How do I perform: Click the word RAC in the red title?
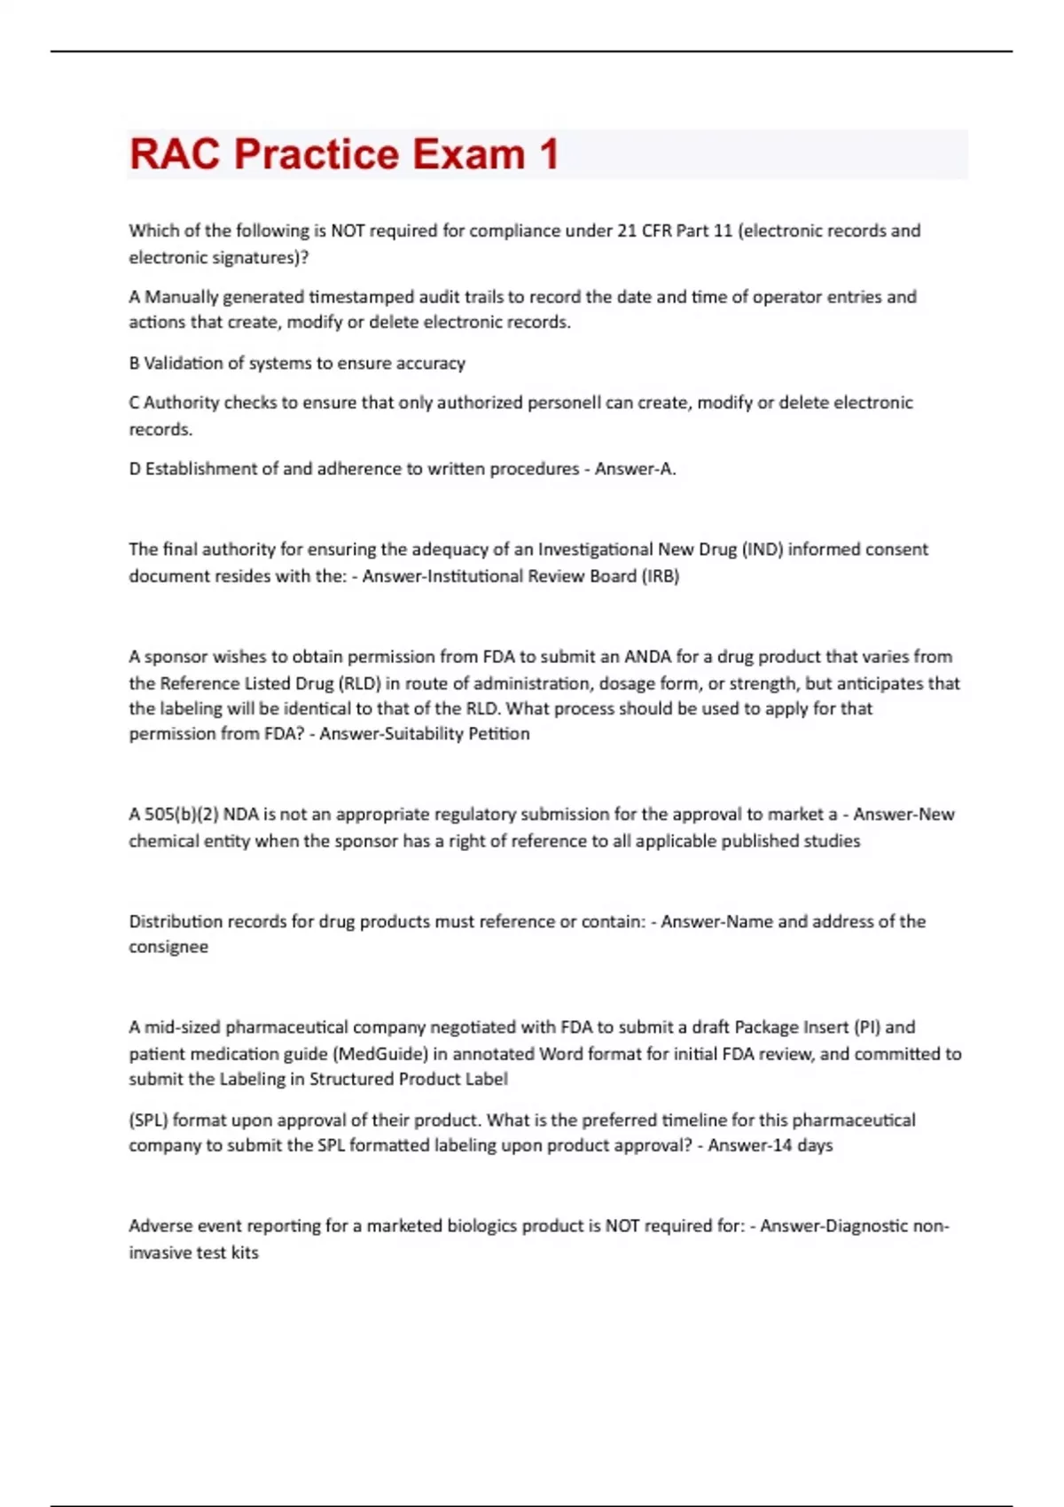(x=174, y=154)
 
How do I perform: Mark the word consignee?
(x=168, y=947)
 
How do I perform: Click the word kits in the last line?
(x=244, y=1253)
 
